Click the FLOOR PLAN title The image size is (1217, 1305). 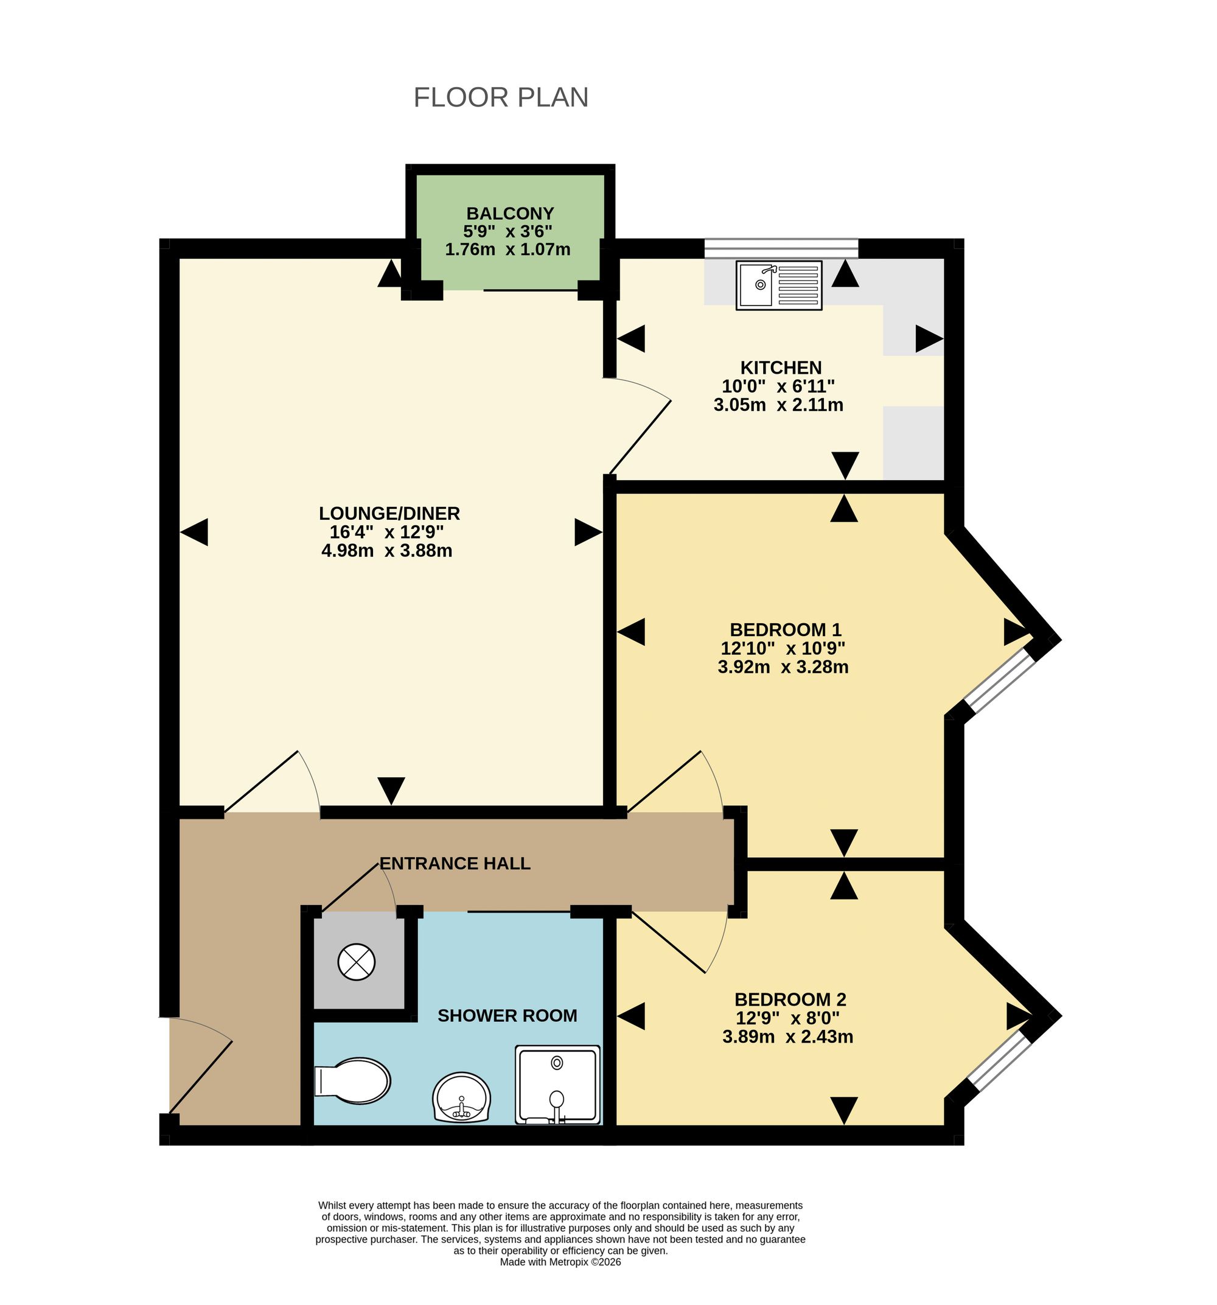(501, 97)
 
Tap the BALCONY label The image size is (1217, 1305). (510, 214)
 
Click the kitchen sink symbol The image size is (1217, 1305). (778, 285)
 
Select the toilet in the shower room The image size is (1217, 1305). (352, 1080)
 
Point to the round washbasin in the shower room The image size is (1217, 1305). (461, 1097)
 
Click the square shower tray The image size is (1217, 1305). (557, 1085)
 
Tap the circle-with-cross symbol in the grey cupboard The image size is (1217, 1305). (357, 962)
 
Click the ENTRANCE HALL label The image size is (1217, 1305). (455, 863)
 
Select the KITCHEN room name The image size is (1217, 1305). (781, 367)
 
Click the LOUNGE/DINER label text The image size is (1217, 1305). (389, 513)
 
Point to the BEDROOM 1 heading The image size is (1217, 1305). (785, 629)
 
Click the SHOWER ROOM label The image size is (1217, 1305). (507, 1015)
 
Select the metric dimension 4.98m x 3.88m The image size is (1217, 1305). (386, 550)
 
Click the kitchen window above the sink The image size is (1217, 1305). (781, 248)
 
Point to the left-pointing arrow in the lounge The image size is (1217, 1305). (194, 532)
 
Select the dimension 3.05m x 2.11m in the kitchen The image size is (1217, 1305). (778, 404)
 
